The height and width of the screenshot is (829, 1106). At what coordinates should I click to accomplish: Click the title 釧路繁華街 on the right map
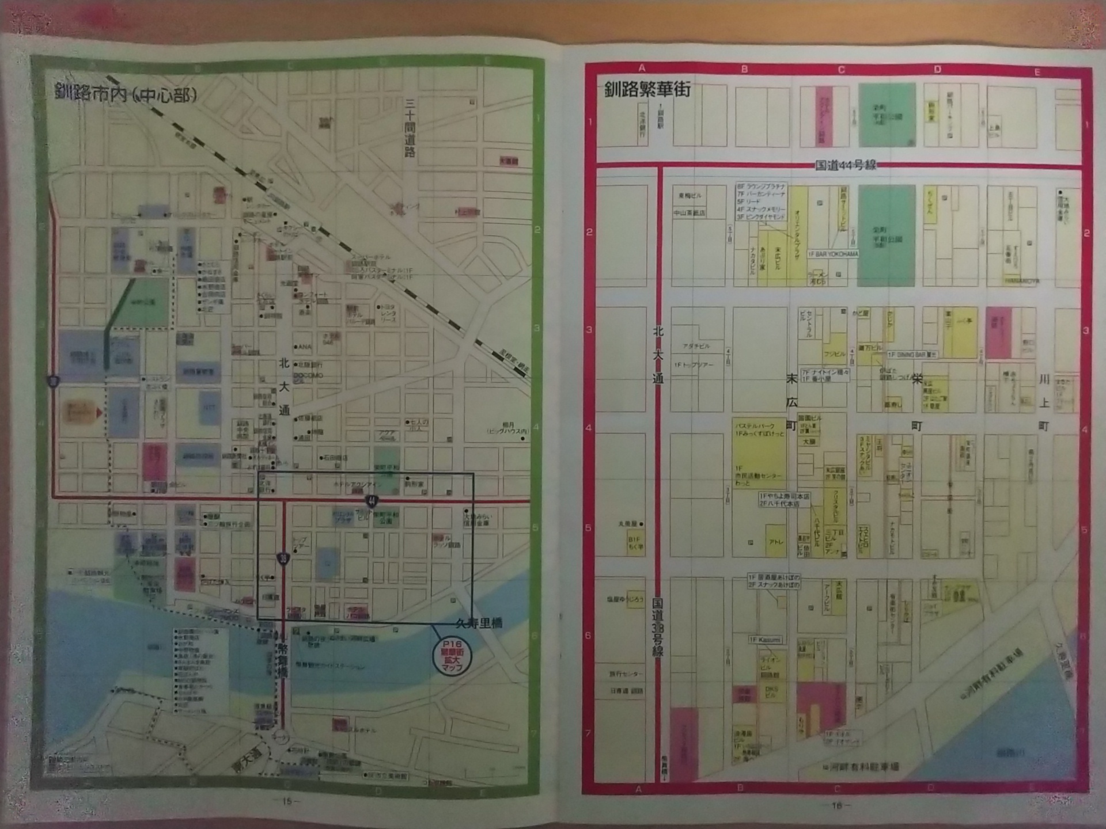click(647, 90)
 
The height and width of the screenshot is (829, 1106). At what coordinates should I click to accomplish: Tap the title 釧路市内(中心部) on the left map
click(126, 93)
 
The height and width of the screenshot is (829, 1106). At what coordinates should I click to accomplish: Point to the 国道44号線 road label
click(845, 165)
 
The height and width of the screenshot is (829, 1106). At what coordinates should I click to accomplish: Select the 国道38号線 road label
click(658, 627)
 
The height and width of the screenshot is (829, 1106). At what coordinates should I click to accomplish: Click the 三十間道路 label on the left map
click(410, 128)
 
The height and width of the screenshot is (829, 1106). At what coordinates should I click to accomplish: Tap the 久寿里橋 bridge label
click(479, 623)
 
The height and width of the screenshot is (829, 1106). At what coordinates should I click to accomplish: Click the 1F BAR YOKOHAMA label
click(834, 254)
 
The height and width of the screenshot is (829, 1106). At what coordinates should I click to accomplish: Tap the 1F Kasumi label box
click(766, 640)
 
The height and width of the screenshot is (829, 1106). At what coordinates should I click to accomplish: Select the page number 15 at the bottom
click(286, 800)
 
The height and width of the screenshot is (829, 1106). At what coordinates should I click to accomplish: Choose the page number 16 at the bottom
click(836, 805)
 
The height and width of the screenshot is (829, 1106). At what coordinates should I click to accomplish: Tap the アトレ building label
click(775, 542)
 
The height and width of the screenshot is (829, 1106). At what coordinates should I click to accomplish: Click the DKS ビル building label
click(771, 691)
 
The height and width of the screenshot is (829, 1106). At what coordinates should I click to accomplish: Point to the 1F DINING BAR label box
click(912, 355)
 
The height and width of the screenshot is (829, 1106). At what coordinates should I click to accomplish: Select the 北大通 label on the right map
click(658, 355)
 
